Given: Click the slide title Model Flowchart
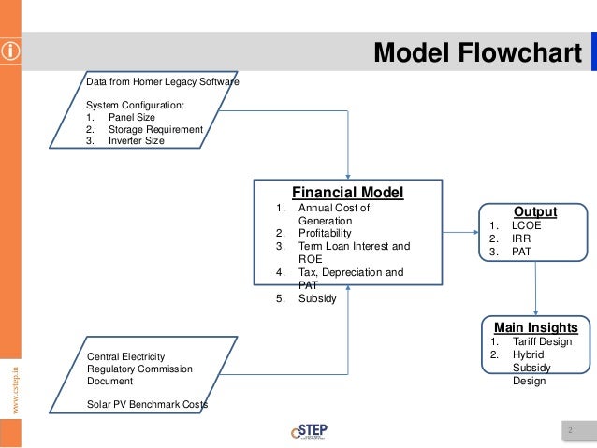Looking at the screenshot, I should click(x=477, y=53).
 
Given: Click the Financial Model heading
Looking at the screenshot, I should click(x=347, y=193).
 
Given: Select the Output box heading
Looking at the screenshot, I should click(x=534, y=211).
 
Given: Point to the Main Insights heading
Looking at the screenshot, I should click(x=535, y=327).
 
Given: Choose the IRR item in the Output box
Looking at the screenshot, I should click(x=519, y=238).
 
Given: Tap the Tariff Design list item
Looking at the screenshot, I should click(x=542, y=341).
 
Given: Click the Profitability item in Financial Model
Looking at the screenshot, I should click(x=325, y=233).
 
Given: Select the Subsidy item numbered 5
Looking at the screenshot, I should click(x=316, y=298).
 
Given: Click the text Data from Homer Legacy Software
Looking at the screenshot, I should click(x=162, y=82).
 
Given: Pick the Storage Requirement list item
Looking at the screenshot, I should click(x=154, y=129).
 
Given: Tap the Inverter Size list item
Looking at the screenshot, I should click(x=136, y=141).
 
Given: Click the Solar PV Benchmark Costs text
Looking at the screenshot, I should click(x=148, y=404).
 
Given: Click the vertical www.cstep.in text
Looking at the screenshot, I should click(x=12, y=384).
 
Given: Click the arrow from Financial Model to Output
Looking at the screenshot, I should click(x=460, y=231).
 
